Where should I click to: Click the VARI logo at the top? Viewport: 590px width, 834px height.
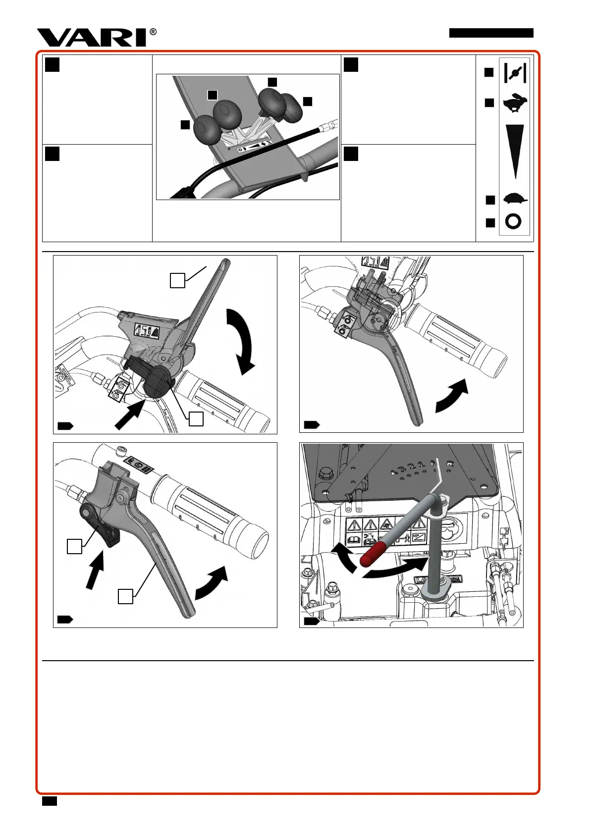[92, 38]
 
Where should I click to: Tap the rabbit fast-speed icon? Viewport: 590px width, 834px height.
[515, 103]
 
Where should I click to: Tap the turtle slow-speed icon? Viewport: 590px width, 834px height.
[515, 199]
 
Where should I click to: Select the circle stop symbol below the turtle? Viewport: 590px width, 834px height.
[513, 221]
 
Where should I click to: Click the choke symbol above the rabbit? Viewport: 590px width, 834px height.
[515, 73]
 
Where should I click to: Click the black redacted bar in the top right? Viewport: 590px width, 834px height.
[491, 33]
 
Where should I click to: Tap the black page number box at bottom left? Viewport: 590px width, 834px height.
[50, 801]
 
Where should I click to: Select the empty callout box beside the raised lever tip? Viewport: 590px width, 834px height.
[177, 281]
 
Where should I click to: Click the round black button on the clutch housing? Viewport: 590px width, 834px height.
[157, 382]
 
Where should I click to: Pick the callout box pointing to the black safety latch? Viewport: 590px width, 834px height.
[74, 546]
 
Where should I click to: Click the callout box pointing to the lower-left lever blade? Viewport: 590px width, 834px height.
[125, 596]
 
